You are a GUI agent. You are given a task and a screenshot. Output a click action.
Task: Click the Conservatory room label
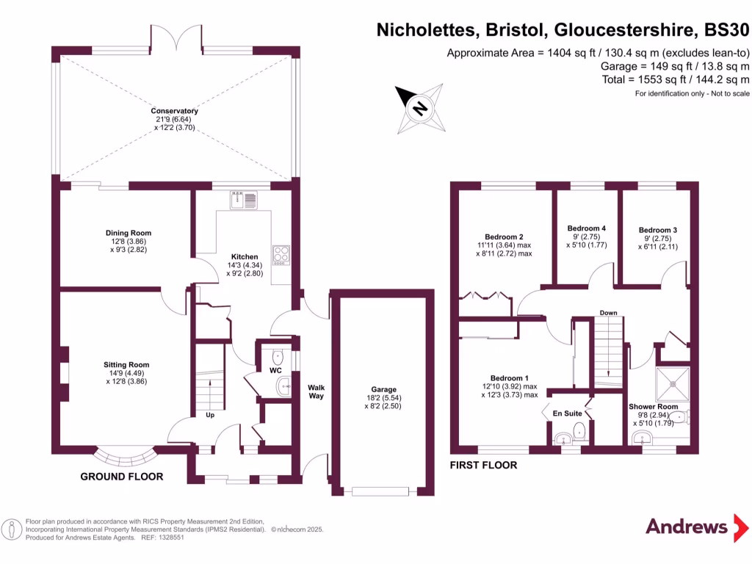point(174,111)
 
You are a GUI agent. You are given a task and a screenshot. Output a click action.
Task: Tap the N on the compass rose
point(419,109)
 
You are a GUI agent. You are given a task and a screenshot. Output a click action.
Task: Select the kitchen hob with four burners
point(281,255)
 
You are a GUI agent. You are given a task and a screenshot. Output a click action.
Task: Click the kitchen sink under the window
point(244,200)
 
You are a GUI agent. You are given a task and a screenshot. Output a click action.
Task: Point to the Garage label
point(383,389)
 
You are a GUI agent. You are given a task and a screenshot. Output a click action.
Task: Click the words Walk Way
point(316,391)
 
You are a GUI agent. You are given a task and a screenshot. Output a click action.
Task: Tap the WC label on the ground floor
point(275,370)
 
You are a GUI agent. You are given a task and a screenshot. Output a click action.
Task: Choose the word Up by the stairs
point(210,415)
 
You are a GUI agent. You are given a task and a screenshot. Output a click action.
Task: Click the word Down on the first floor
point(608,313)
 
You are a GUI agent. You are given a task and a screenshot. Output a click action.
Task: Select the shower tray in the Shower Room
point(673,383)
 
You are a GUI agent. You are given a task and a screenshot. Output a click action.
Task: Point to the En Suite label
point(567,413)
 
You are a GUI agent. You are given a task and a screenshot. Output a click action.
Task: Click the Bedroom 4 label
point(587,228)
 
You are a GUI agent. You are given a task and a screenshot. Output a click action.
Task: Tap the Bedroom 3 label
point(657,230)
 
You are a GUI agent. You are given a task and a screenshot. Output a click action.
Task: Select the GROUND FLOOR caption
point(122,476)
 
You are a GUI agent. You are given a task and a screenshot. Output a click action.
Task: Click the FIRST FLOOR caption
point(483,465)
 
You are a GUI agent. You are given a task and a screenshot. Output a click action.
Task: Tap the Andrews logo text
point(687,527)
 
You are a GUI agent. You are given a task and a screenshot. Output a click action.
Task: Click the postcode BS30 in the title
point(726,29)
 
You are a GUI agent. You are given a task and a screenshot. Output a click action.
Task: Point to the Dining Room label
point(129,233)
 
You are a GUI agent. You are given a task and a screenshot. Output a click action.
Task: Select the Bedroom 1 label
point(510,378)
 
